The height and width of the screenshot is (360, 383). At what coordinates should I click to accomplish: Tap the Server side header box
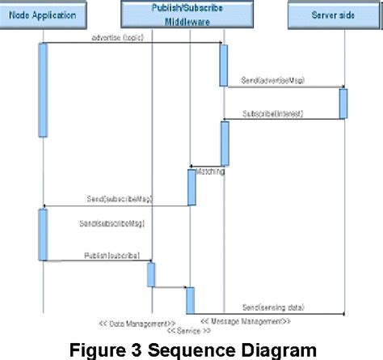click(x=334, y=15)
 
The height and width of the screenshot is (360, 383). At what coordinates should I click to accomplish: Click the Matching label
click(x=209, y=172)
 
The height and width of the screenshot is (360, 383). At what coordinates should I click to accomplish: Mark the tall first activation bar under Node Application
click(x=43, y=89)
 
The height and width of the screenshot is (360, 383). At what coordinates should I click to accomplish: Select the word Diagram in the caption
click(x=271, y=349)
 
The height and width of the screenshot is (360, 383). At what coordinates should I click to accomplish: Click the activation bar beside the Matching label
click(x=192, y=187)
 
